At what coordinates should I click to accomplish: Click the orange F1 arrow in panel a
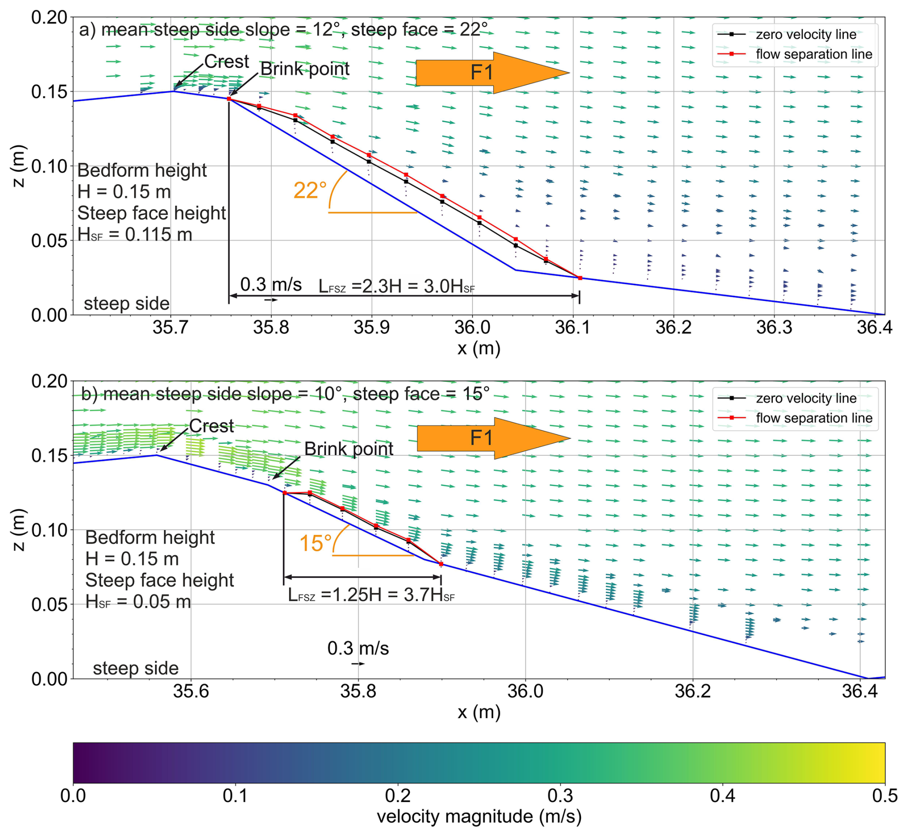click(484, 73)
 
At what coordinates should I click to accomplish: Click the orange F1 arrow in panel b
click(484, 438)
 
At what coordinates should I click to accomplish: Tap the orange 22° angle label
click(310, 191)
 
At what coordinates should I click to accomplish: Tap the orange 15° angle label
click(315, 544)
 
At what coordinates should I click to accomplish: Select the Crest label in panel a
click(226, 62)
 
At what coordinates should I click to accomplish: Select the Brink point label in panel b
click(349, 449)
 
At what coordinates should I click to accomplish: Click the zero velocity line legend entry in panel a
click(805, 35)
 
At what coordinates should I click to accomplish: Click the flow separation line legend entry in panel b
click(814, 418)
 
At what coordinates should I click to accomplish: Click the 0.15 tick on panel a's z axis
click(49, 92)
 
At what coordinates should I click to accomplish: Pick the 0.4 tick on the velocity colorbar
click(722, 796)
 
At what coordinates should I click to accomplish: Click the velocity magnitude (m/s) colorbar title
click(479, 817)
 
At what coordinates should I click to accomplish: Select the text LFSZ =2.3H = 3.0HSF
click(396, 287)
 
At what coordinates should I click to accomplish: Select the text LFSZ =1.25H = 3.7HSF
click(371, 595)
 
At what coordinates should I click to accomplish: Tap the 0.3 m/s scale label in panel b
click(358, 649)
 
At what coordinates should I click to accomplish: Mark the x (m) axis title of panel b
click(479, 712)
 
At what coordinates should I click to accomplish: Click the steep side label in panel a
click(127, 304)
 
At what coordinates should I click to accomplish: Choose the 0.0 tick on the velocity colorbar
click(73, 796)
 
